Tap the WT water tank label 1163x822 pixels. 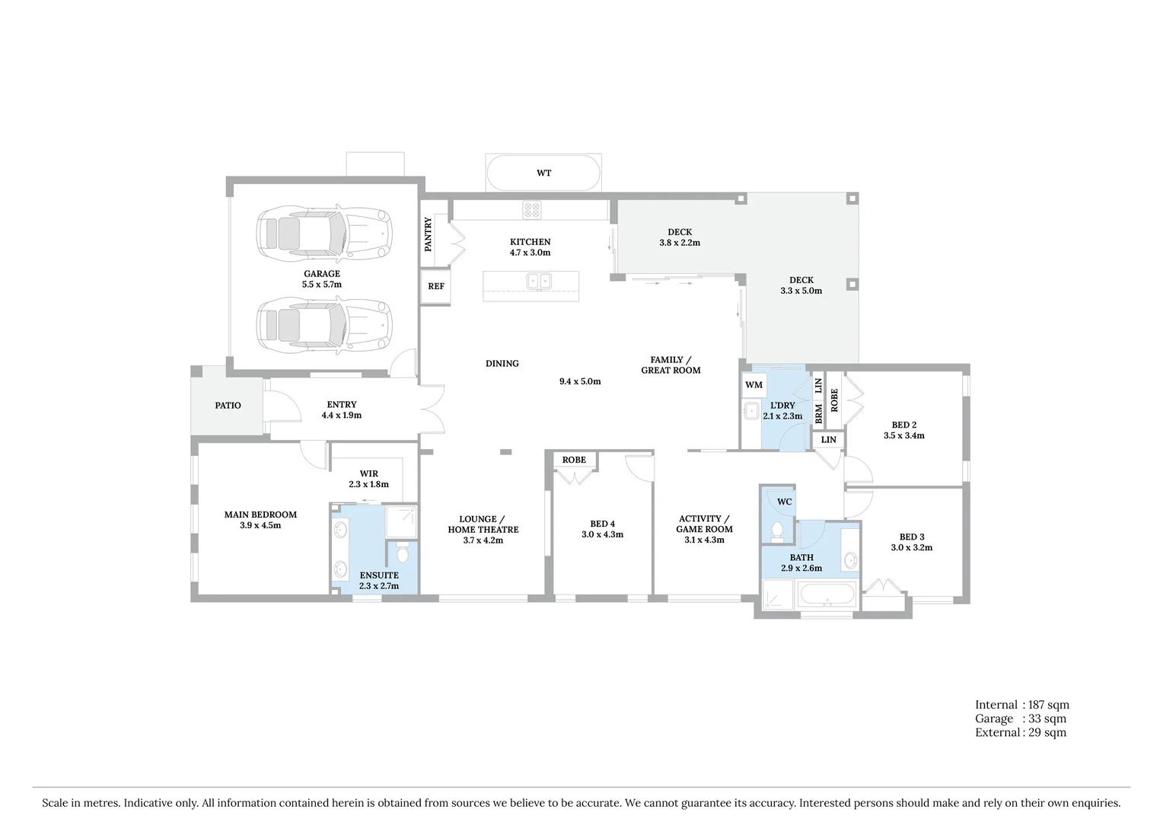pos(543,174)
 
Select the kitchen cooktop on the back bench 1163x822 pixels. pos(531,209)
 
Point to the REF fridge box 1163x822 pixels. pos(435,287)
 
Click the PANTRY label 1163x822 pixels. pos(429,234)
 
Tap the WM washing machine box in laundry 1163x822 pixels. pos(754,385)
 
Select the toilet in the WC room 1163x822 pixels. pos(777,531)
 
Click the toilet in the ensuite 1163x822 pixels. pos(403,552)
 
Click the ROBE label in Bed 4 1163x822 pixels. pos(574,460)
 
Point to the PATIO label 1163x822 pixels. pos(228,406)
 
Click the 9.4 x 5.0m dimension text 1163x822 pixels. pos(580,381)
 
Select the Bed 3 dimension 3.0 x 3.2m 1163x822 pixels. pos(911,547)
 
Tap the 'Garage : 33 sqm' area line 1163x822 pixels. pos(1020,718)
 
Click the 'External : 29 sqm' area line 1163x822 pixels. pos(1020,732)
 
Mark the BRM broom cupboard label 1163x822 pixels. pos(819,413)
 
